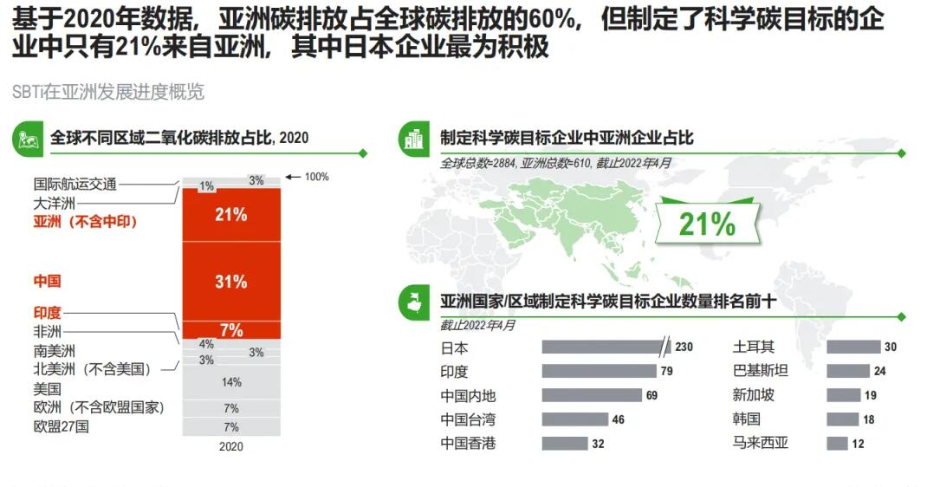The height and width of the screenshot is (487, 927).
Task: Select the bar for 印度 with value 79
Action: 599,372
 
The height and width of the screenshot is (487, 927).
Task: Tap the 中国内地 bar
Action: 591,396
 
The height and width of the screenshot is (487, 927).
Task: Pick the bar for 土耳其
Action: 852,347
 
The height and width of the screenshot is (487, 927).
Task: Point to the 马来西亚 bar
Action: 837,444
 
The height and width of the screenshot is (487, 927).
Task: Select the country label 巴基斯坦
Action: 761,372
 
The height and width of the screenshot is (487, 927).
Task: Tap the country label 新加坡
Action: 754,396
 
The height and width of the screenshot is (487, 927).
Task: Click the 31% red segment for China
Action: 231,282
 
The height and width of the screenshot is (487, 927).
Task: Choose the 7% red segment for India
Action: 231,330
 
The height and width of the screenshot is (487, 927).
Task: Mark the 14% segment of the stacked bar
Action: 231,382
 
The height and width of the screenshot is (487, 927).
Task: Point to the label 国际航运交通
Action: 75,184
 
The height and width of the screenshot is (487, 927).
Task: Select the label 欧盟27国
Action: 62,426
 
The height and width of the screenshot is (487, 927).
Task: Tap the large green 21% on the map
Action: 707,224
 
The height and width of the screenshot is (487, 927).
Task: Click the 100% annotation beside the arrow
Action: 316,177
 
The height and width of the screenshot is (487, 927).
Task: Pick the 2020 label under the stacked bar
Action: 231,447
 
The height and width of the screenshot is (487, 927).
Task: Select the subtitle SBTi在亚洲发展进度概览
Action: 108,93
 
